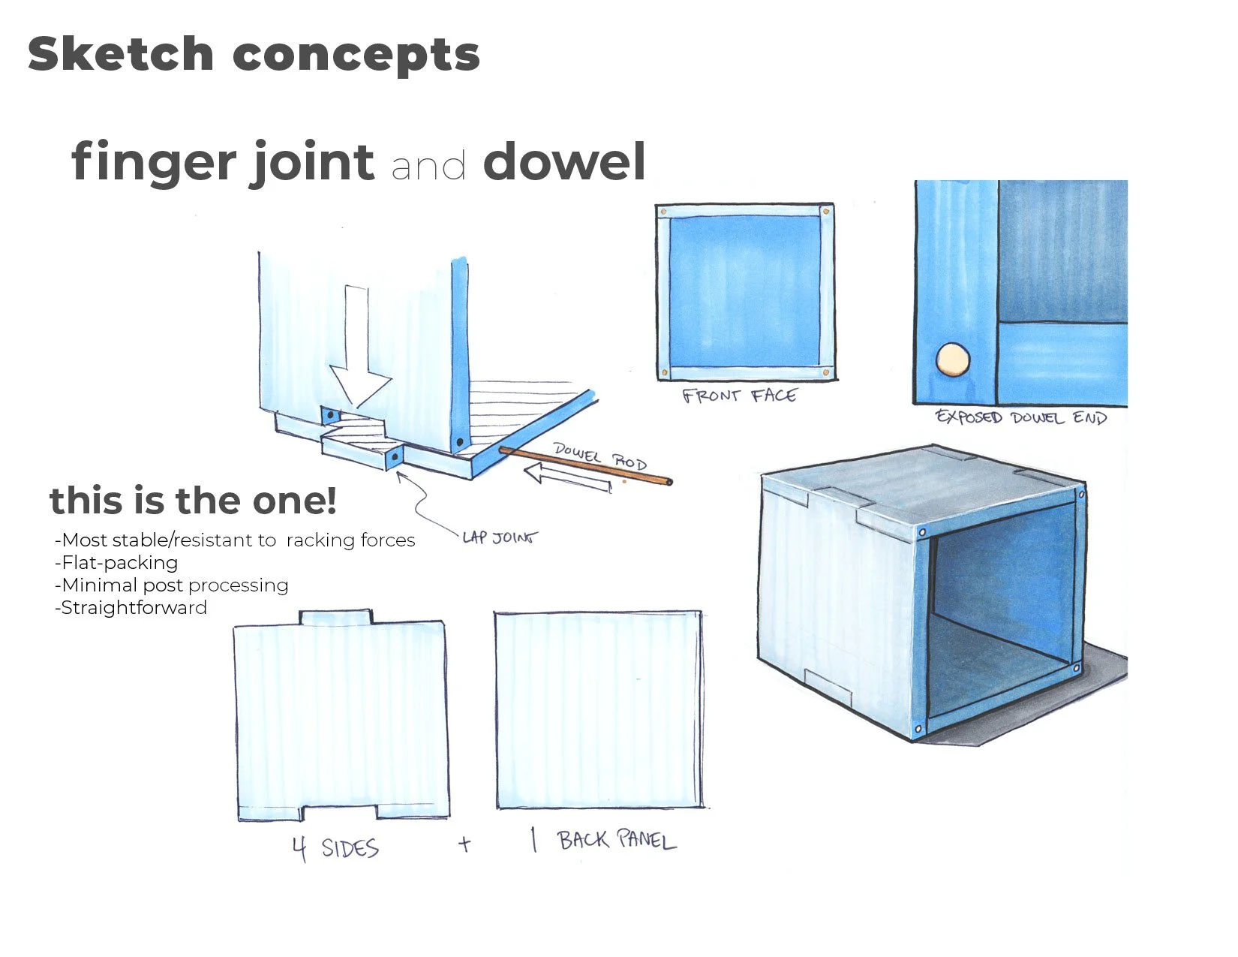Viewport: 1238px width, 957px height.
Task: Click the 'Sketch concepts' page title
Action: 254,54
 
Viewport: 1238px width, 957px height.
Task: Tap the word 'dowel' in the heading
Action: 564,161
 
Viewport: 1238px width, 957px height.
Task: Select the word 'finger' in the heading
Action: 154,163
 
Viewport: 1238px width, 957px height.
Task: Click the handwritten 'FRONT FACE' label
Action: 739,396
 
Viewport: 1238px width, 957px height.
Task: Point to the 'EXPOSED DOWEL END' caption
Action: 1020,417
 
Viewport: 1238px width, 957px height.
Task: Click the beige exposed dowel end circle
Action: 953,359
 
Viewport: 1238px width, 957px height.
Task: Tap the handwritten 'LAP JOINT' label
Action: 500,537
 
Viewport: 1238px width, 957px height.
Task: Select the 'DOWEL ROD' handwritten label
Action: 599,456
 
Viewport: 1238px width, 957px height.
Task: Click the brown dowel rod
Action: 585,465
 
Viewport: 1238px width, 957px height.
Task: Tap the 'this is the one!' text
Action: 193,501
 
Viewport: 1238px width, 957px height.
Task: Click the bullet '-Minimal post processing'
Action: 172,585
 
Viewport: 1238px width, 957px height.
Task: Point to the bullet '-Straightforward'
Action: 131,608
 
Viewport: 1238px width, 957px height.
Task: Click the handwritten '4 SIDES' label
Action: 335,848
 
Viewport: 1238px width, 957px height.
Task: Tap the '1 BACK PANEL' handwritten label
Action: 604,841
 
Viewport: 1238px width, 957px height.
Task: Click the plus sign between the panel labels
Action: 465,844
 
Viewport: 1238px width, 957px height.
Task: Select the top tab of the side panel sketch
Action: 335,618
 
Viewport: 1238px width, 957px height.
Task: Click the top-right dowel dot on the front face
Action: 826,212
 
